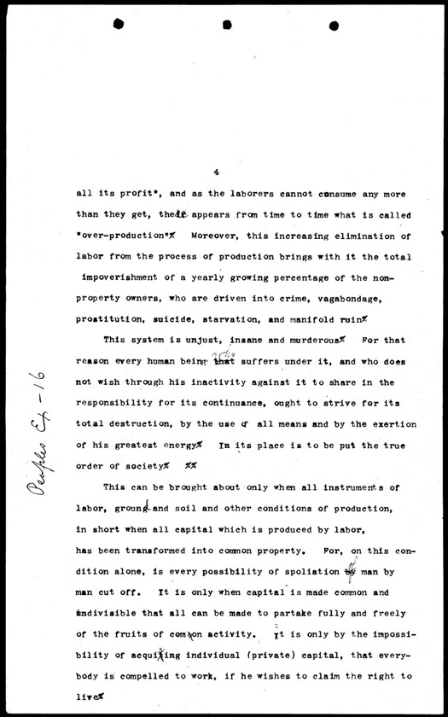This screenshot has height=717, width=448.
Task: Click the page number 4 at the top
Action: [218, 172]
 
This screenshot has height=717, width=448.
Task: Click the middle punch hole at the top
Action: [227, 25]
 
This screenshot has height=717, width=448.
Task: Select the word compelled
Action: [149, 675]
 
